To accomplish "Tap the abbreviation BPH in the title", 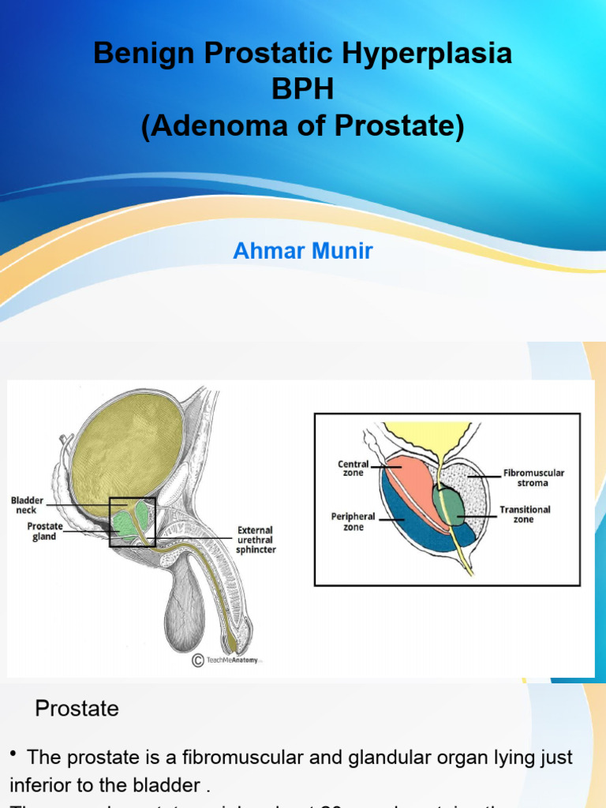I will coord(303,89).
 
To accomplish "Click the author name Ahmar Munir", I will coord(303,251).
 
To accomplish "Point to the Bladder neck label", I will coord(27,505).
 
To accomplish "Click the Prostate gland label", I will coord(45,530).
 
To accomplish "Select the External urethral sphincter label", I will coord(256,539).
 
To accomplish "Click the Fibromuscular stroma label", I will coord(533,478).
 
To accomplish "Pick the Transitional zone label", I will coord(525,514).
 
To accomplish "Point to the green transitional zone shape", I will coord(448,507).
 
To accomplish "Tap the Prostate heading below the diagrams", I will coord(77,709).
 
